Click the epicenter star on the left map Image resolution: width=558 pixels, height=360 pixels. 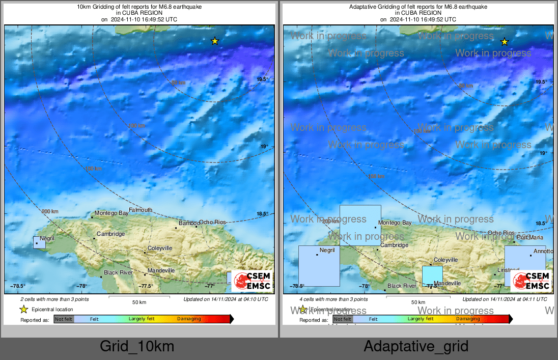[215, 41]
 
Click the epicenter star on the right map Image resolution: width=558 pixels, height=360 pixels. [504, 42]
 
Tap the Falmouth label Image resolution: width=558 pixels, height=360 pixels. [140, 210]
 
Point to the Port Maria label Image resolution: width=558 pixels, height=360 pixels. [529, 237]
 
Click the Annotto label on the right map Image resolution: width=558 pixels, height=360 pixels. [543, 251]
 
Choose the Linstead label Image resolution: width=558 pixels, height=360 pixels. [508, 270]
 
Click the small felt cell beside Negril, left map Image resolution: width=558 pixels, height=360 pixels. [39, 242]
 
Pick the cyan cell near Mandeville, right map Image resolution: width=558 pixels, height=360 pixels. [432, 276]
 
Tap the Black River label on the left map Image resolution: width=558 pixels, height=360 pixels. [118, 272]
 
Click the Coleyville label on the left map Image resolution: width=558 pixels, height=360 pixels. [160, 248]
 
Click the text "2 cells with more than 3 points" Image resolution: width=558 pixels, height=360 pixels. [54, 299]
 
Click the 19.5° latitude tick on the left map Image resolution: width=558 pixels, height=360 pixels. [262, 79]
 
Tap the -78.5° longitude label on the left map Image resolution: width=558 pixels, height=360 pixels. [19, 286]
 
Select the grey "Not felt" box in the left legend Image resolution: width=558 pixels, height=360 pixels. [64, 319]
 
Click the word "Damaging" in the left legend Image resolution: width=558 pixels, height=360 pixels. [188, 319]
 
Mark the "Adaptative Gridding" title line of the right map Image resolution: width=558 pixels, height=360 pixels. [418, 7]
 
